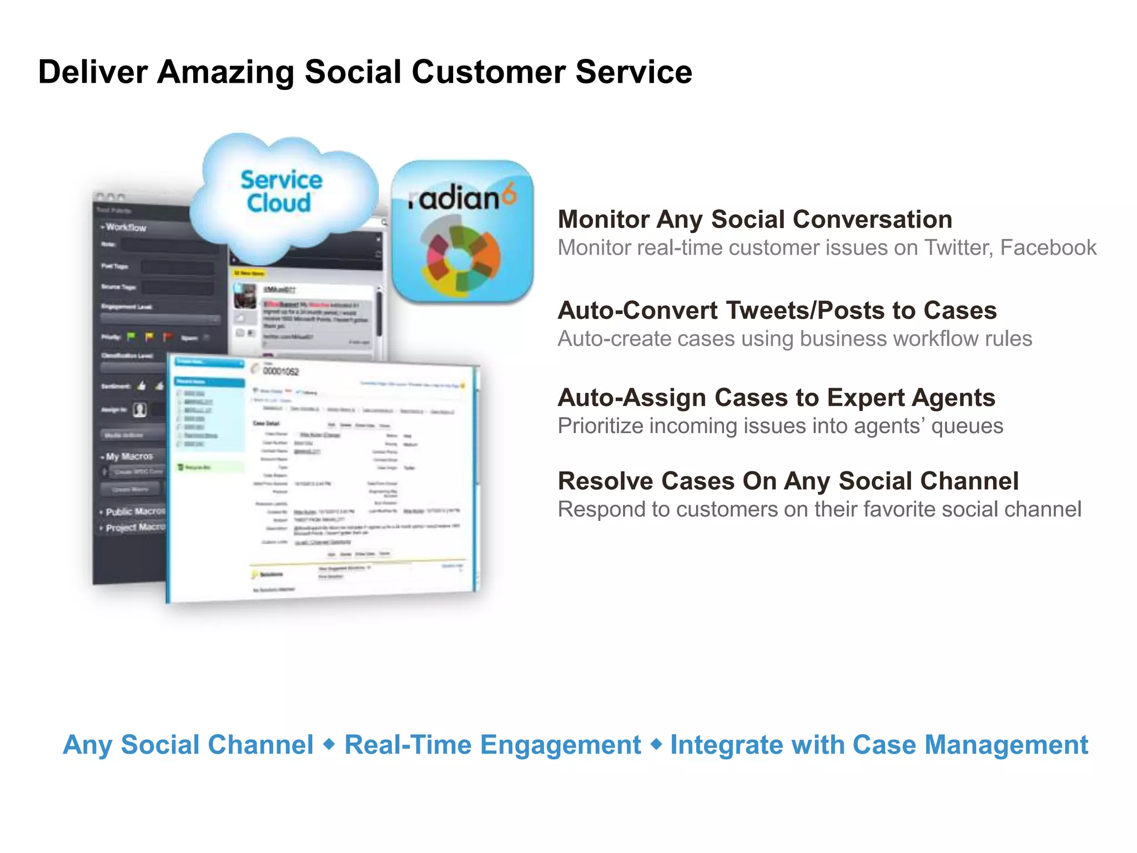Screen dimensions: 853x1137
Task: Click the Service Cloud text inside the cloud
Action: [281, 192]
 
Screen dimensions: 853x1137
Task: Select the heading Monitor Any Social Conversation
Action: [754, 219]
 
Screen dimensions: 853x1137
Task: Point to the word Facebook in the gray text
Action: [1048, 248]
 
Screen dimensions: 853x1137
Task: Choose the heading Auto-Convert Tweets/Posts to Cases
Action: [777, 310]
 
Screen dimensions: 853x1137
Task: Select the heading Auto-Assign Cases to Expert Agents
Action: [776, 398]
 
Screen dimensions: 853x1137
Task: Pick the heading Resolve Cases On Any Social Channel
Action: [788, 481]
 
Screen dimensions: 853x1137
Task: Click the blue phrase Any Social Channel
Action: [188, 745]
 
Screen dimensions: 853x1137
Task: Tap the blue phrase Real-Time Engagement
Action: [492, 745]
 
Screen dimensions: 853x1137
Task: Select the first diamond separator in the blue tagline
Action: [329, 744]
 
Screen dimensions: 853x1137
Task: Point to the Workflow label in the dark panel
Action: [126, 227]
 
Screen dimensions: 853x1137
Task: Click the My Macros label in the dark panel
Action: [129, 456]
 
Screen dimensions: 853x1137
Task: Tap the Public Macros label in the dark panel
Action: [135, 511]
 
